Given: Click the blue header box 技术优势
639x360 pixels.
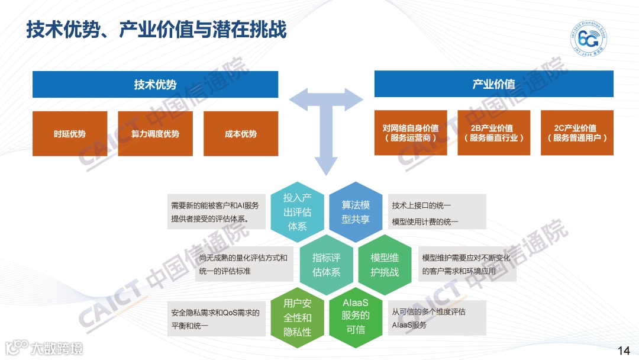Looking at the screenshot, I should click(155, 85).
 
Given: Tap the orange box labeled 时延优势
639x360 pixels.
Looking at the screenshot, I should click(70, 134).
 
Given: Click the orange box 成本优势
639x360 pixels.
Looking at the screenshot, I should click(241, 134).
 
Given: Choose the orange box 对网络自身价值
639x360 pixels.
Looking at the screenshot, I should click(410, 133).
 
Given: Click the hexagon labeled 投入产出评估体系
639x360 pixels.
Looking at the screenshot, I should click(297, 211).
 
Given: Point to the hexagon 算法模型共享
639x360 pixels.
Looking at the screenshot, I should click(356, 211).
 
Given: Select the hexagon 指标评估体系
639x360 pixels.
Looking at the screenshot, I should click(327, 265).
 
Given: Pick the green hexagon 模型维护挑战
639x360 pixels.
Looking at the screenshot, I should click(385, 265).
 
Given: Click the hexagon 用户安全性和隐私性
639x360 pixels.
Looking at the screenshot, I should click(297, 318).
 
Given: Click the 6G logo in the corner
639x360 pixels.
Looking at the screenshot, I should click(588, 40).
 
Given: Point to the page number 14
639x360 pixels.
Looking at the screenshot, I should click(623, 351).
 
